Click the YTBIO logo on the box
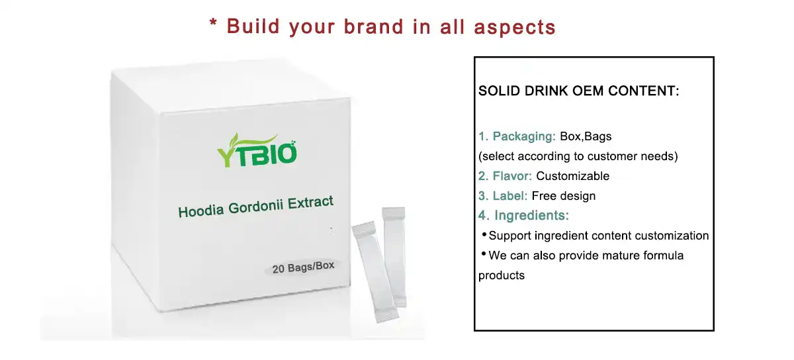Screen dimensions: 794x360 pyautogui.click(x=257, y=150)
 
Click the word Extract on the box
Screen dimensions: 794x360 pyautogui.click(x=310, y=202)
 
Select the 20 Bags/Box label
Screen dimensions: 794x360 pyautogui.click(x=303, y=267)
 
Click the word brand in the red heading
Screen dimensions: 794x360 pyautogui.click(x=374, y=27)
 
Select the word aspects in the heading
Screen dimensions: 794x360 pyautogui.click(x=514, y=28)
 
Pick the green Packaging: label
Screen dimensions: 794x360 pyautogui.click(x=524, y=136)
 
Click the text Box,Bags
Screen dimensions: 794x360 pyautogui.click(x=586, y=136)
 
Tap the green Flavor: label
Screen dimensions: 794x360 pyautogui.click(x=512, y=176)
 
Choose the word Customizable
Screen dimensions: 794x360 pyautogui.click(x=572, y=176)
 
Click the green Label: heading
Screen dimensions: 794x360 pyautogui.click(x=509, y=196)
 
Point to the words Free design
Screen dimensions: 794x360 pyautogui.click(x=564, y=196)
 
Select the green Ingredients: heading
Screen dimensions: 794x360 pyautogui.click(x=531, y=215)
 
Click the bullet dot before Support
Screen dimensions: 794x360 pyautogui.click(x=484, y=234)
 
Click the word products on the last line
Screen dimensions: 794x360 pyautogui.click(x=502, y=276)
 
